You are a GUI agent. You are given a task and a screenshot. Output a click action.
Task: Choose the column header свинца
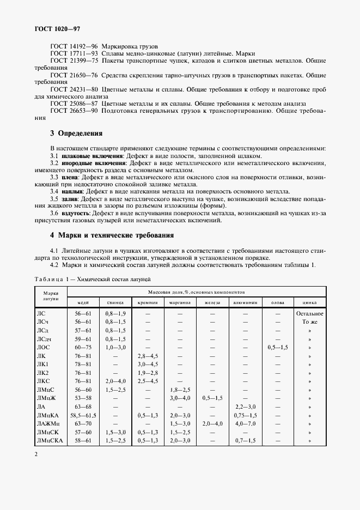(115, 302)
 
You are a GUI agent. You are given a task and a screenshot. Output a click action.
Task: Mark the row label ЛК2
(42, 372)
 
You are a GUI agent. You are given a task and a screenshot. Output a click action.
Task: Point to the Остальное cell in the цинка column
(310, 314)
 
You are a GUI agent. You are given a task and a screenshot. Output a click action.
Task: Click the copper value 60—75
(83, 347)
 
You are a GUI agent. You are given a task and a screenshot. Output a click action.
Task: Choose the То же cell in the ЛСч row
(310, 322)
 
